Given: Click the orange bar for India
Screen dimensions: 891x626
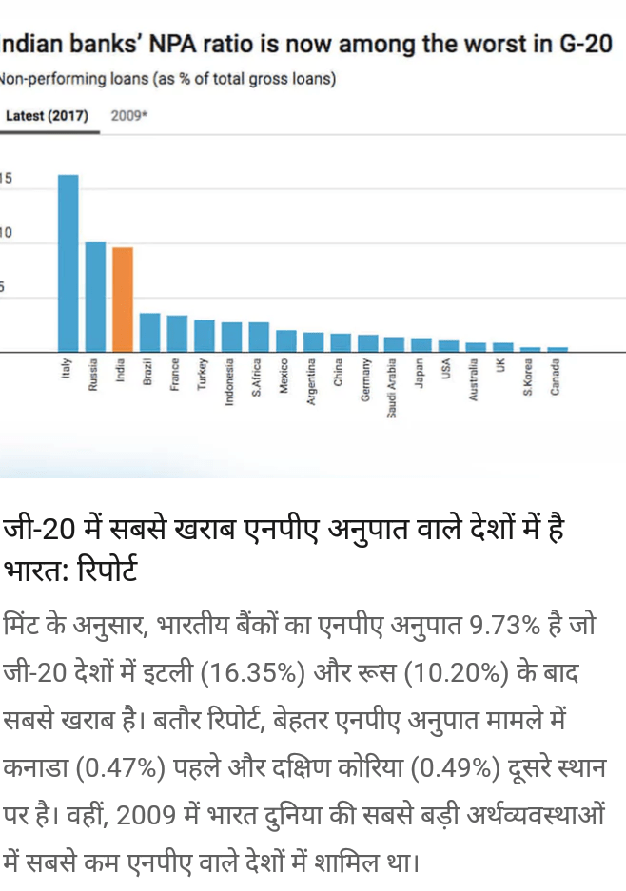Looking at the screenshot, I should (x=123, y=299).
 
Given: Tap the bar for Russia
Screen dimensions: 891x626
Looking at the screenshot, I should (x=95, y=296).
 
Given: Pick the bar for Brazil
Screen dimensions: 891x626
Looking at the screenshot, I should (x=149, y=332).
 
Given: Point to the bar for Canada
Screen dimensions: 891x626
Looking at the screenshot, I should (x=558, y=349).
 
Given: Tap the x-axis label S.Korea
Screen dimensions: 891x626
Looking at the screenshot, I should (x=528, y=378).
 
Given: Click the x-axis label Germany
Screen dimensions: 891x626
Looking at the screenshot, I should (x=365, y=381).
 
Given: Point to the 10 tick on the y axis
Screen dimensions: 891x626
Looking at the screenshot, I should (x=6, y=233).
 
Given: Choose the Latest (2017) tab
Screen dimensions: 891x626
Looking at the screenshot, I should (x=47, y=116).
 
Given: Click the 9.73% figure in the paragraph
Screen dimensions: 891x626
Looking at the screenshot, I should (x=505, y=628).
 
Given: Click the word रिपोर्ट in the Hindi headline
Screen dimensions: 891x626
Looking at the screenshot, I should (x=100, y=571).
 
